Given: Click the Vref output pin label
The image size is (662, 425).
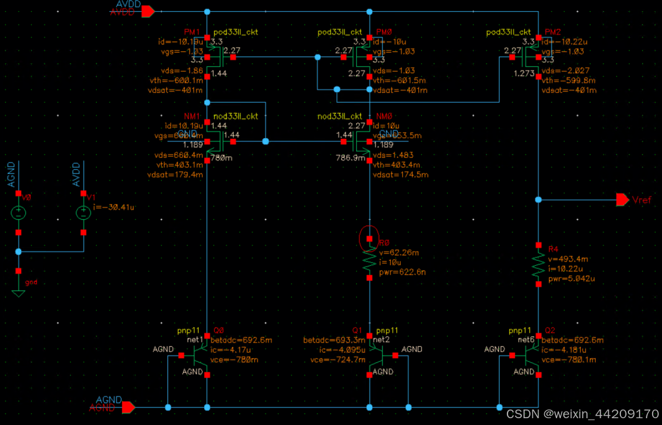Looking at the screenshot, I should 642,200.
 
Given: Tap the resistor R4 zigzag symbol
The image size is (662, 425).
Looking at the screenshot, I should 539,267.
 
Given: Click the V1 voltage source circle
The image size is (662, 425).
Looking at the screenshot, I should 84,212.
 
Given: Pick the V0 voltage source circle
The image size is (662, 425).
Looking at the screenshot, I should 19,212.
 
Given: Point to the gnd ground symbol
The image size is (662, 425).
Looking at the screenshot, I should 19,291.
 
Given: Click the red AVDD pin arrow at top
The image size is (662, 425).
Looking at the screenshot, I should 148,11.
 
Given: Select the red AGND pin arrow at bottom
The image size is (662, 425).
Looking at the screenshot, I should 128,407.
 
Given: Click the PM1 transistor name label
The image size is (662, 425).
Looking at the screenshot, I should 192,32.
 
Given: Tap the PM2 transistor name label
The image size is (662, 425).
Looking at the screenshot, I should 552,32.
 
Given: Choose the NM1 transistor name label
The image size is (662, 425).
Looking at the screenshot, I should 192,116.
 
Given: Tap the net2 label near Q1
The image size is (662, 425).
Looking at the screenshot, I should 382,340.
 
